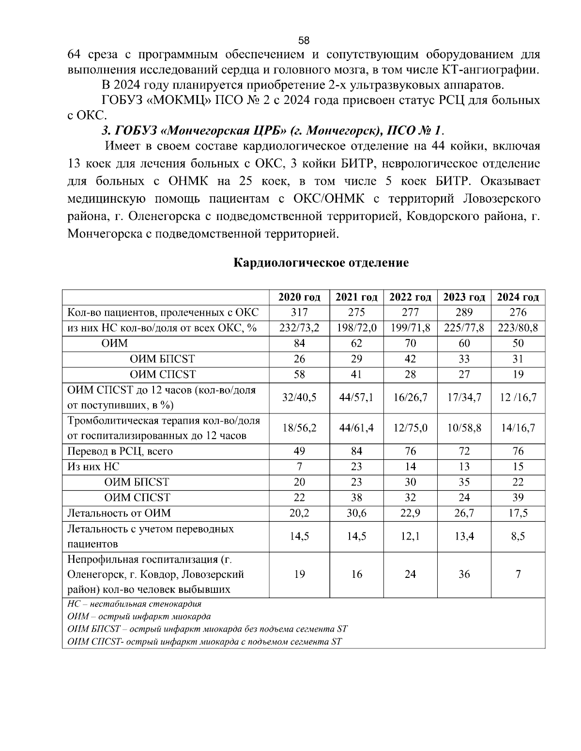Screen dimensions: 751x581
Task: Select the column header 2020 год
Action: click(299, 297)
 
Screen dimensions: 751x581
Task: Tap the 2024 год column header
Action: click(518, 297)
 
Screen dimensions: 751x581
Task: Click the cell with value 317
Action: click(299, 312)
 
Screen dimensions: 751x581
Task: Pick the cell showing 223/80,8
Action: click(518, 328)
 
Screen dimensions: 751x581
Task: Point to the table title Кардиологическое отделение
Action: click(321, 263)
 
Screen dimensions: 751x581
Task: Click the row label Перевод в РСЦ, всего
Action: click(120, 451)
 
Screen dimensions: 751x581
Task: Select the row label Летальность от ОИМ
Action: click(119, 513)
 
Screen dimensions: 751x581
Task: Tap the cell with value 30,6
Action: click(356, 513)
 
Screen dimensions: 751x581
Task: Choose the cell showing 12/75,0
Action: click(410, 428)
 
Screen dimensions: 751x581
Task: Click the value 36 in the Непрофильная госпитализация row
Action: click(464, 574)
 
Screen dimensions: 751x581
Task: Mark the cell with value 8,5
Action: click(518, 536)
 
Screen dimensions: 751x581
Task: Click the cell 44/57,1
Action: click(356, 398)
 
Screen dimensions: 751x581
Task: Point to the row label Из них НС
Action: click(93, 467)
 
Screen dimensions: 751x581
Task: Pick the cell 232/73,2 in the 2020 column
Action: click(299, 328)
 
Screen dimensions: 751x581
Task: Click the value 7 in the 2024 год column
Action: click(518, 574)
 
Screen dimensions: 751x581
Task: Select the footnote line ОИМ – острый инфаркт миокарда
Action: click(139, 617)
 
